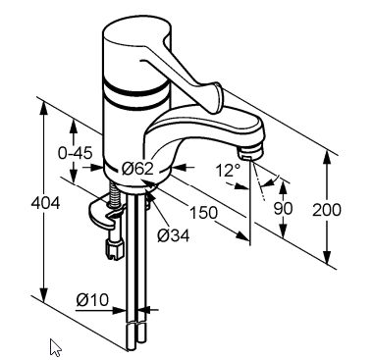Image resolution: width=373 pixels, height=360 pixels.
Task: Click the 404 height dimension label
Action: coord(45,203)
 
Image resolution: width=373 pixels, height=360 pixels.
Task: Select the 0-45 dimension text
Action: coord(75,153)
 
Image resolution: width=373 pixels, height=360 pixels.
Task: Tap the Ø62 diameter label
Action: coord(137,169)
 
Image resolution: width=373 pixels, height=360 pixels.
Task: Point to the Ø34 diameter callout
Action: coord(173,235)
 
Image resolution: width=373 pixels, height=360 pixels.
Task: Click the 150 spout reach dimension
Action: coord(203,213)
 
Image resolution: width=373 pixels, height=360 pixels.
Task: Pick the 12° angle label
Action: coord(228,170)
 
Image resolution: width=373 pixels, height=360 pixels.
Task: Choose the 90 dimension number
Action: coord(283,208)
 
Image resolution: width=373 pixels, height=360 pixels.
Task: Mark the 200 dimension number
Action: coord(327,210)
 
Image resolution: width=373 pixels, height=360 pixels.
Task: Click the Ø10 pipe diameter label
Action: coord(92,299)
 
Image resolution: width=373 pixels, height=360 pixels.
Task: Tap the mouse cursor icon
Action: coord(55,347)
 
